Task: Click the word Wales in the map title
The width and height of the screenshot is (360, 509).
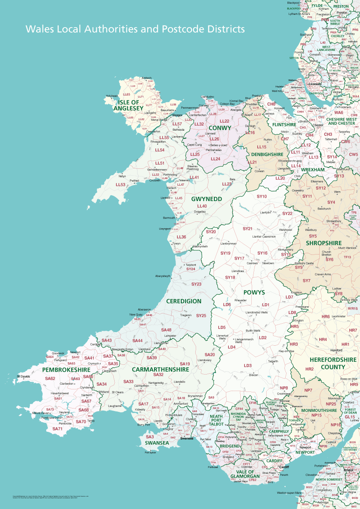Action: point(39,29)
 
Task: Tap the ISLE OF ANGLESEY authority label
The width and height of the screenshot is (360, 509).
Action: point(129,105)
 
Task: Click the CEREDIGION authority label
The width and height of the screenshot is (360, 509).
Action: point(184,301)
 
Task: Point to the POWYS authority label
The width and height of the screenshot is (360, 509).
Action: point(254,293)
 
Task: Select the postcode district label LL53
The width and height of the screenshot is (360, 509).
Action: point(121,185)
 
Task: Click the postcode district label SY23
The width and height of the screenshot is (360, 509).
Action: point(196,284)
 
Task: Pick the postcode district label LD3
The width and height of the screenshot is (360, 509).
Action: point(247,366)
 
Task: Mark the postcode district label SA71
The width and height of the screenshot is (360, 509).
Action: point(57,429)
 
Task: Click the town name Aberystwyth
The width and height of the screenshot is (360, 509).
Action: point(163,276)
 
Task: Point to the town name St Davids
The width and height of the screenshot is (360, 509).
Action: point(23,376)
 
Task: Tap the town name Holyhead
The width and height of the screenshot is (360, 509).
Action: point(112,96)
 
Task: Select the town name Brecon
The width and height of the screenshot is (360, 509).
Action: point(253,375)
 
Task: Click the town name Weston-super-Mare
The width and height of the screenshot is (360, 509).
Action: point(289,493)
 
